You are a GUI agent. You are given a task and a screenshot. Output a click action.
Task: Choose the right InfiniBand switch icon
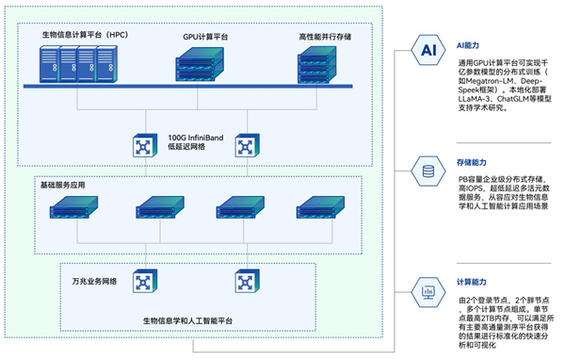coord(245,145)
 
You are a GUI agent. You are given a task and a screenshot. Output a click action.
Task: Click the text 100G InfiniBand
coord(195,138)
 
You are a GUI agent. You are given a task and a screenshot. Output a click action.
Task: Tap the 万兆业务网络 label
coord(92,282)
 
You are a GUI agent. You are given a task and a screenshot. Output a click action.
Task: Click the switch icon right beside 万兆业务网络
coord(143,280)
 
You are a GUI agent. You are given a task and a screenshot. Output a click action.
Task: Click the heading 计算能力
coord(473,282)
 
